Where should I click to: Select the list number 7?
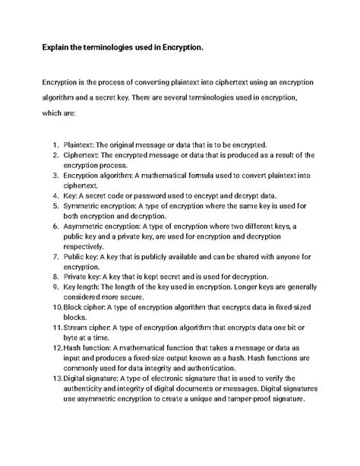click(56, 257)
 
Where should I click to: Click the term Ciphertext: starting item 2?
click(87, 155)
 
